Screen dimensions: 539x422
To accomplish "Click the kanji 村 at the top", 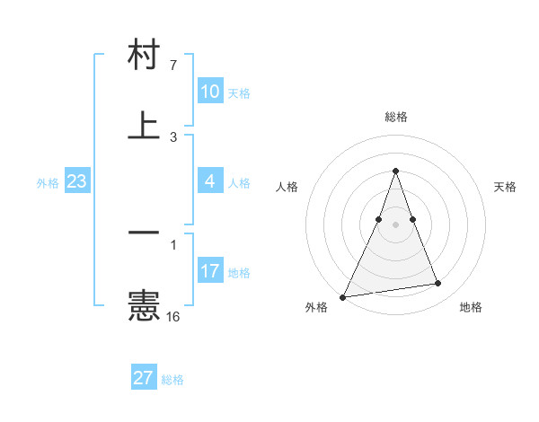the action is (144, 56).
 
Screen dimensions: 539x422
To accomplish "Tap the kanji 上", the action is (144, 125).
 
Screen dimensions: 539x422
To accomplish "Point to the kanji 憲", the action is (144, 305).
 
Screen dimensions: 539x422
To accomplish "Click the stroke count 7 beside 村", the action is (173, 66).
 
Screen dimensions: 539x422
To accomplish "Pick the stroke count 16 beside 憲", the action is (173, 316).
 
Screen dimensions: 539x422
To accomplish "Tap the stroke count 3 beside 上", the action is (173, 136).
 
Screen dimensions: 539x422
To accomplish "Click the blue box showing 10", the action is (210, 92).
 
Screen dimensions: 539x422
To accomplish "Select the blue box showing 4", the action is (210, 181).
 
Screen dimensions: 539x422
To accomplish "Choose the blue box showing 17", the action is (210, 271).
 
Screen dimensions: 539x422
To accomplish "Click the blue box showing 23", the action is (77, 181).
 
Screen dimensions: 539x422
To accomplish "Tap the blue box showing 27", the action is (144, 378).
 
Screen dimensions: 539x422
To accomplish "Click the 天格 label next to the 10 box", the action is (239, 92).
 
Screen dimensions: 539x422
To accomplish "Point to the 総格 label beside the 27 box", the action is (172, 380).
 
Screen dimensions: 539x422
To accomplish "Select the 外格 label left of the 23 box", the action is (48, 182).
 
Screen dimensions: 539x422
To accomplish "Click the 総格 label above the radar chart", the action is (395, 117).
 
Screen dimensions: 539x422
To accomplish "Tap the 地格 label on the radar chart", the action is (471, 307).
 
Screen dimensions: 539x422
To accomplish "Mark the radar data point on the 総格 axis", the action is (395, 171).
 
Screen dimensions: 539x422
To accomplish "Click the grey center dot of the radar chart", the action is (395, 224).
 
